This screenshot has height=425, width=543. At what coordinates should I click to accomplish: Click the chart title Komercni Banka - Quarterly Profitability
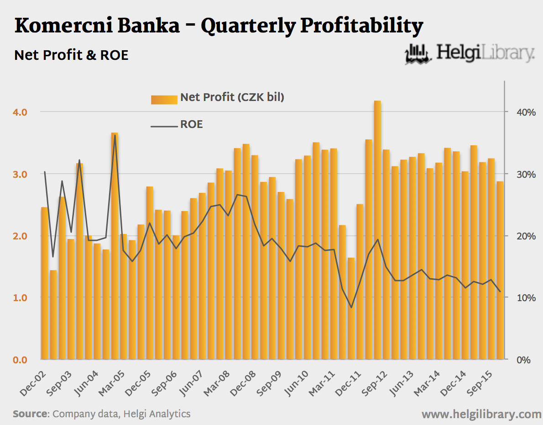219,27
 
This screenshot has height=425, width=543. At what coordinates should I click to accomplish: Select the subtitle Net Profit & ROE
71,55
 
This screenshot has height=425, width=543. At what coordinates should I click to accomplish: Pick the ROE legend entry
191,124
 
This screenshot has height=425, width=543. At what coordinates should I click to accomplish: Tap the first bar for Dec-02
44,283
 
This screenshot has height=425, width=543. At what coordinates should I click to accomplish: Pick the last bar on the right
500,270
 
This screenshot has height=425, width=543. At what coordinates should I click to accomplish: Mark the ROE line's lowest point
351,308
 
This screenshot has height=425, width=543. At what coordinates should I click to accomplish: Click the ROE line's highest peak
115,135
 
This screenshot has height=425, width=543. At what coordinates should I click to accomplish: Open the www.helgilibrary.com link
481,414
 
